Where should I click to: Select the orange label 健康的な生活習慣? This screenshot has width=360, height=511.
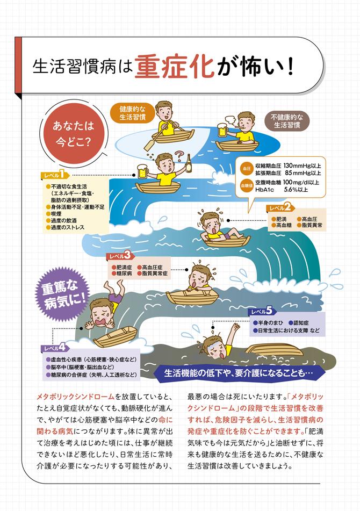point(133,113)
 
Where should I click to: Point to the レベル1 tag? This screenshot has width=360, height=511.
point(54,175)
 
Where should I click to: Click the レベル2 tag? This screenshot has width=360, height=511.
point(279,207)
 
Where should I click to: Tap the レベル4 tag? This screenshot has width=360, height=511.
point(54,348)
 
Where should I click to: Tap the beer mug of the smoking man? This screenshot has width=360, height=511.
point(222,129)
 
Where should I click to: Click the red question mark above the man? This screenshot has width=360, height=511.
point(178,154)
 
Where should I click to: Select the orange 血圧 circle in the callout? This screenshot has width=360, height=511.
point(247,169)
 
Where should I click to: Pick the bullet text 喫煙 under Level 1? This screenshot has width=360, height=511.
point(56,214)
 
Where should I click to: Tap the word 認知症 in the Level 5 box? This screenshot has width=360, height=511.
point(301,323)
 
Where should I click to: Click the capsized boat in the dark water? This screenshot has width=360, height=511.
point(273,350)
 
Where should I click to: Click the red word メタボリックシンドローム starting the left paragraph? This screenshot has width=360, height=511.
point(75,397)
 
